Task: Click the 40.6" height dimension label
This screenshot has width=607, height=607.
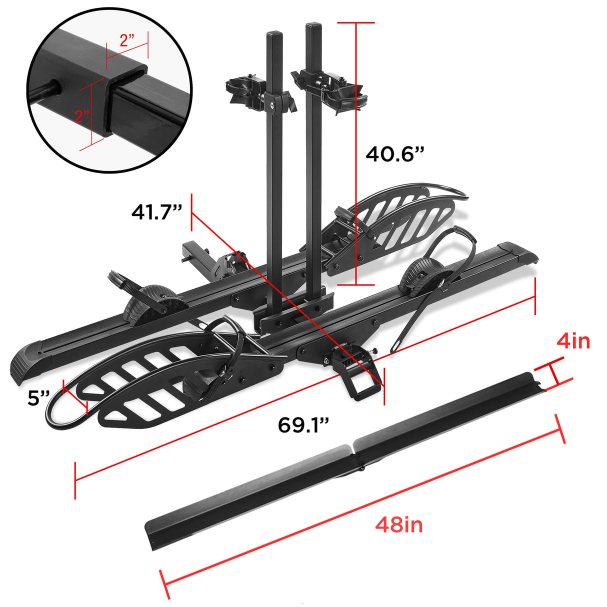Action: click(394, 153)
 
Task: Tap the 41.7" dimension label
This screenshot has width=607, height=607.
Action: click(156, 212)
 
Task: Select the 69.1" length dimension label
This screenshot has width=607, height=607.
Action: click(303, 425)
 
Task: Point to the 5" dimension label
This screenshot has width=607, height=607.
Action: click(39, 398)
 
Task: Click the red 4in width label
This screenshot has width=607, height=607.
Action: click(573, 341)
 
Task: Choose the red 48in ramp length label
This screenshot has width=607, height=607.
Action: click(398, 525)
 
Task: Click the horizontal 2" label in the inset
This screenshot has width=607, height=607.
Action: click(127, 40)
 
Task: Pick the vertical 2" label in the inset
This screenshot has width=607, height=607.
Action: click(82, 116)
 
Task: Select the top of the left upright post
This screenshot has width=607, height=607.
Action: click(274, 34)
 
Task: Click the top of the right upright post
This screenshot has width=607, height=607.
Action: click(313, 24)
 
